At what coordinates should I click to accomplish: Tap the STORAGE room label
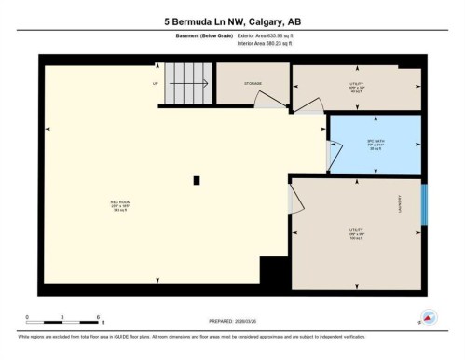click(253, 83)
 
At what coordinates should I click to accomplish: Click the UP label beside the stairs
click(156, 83)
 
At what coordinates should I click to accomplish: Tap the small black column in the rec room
click(196, 180)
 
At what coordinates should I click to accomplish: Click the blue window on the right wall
click(424, 204)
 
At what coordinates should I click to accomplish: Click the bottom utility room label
click(355, 232)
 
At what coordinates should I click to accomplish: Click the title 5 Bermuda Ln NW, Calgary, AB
click(232, 21)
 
